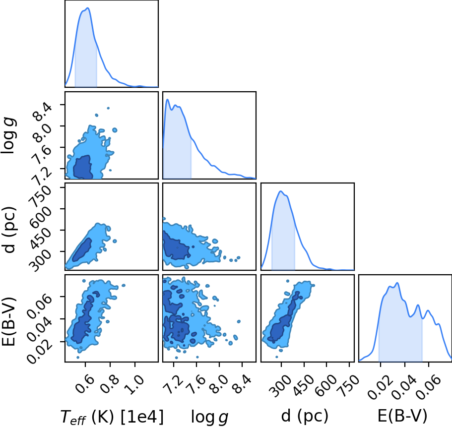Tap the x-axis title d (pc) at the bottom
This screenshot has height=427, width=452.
[x=305, y=417]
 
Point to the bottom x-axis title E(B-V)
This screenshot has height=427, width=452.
[x=402, y=417]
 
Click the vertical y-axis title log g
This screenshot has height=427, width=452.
[x=8, y=135]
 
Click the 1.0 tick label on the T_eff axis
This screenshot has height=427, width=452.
[x=135, y=384]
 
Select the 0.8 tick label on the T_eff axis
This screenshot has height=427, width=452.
[x=111, y=384]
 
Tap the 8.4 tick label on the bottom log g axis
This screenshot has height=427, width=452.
[x=242, y=384]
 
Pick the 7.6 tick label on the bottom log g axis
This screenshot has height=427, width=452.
[x=196, y=384]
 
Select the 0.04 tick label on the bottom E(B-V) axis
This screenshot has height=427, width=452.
[x=405, y=387]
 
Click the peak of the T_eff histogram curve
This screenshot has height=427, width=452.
[x=88, y=8]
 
